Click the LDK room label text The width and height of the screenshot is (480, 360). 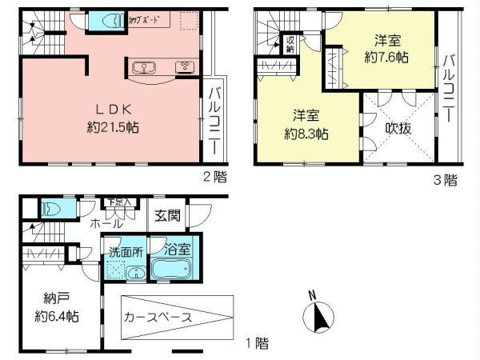[x=110, y=110]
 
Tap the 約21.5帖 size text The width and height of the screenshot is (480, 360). [x=110, y=126]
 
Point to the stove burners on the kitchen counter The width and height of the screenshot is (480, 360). [x=183, y=66]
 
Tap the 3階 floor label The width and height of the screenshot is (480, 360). [x=446, y=180]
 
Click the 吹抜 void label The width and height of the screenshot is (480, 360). [x=398, y=129]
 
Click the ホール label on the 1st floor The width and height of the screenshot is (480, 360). [x=107, y=224]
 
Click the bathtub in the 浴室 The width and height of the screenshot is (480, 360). [x=174, y=268]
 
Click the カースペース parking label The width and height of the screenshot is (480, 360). [x=158, y=317]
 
